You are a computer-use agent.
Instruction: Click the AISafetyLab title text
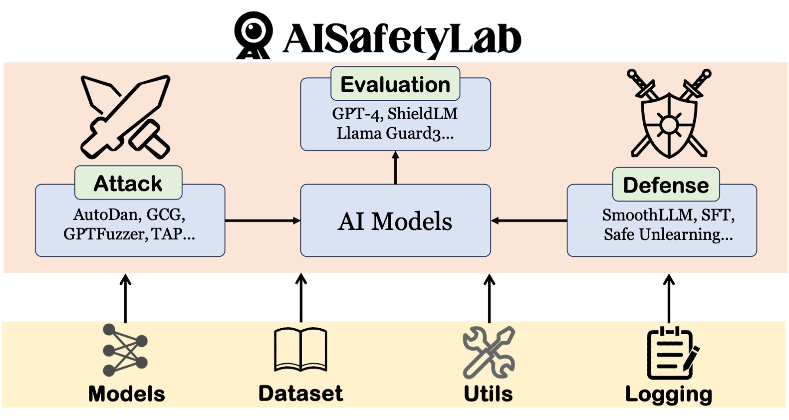point(402,39)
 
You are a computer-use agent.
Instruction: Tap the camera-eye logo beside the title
point(253,35)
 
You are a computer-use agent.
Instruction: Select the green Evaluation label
point(395,84)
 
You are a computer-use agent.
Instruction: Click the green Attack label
point(128,183)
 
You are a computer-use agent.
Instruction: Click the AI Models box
point(395,220)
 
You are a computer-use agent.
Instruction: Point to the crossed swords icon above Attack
point(125,117)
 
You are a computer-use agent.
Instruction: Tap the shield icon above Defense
point(669,113)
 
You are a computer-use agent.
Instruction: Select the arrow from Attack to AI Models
point(263,221)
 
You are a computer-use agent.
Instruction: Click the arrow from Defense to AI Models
point(528,221)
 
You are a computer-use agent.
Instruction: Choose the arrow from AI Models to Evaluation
point(395,168)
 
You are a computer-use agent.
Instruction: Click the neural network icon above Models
point(125,350)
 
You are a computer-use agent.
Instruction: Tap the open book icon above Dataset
point(300,350)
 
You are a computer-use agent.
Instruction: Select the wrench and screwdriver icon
point(489,352)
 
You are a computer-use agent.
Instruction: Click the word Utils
point(488,394)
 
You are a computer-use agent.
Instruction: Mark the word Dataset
point(301,393)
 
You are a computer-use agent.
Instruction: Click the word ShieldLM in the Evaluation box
point(423,114)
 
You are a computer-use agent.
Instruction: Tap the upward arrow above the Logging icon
point(669,299)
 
